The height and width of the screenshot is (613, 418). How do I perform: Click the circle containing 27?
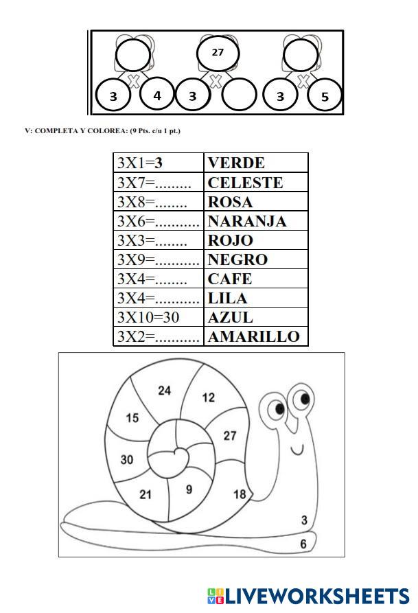218,52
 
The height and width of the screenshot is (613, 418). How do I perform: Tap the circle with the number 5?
325,96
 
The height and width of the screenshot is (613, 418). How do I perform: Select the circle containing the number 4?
157,95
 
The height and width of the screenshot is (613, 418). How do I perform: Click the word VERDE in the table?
236,163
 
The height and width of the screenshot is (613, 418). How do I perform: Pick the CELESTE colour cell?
245,183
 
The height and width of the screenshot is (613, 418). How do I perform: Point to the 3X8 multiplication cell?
159,202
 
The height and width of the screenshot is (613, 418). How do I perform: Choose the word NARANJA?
247,221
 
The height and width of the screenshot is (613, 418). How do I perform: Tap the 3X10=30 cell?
159,317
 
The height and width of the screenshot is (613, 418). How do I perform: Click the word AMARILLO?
254,336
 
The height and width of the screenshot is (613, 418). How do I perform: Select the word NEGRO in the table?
237,259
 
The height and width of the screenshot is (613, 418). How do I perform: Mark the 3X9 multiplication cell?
159,259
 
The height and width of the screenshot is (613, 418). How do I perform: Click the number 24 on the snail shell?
165,391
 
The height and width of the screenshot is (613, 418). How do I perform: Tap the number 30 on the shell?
127,460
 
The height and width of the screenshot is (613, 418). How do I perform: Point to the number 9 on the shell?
189,489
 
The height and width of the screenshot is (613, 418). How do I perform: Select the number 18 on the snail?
240,494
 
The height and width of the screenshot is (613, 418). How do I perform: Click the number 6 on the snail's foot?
303,544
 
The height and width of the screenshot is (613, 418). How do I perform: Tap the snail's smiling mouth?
297,450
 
